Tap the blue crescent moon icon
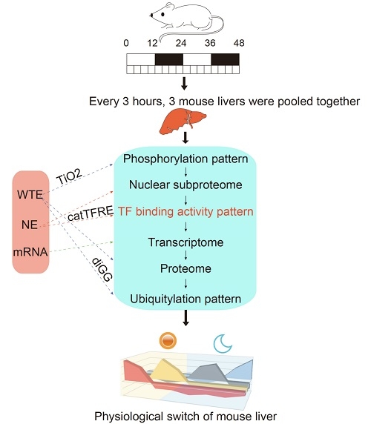[224, 342]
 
